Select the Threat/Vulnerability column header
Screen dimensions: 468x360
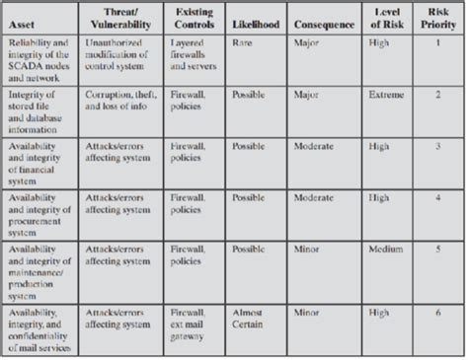pyautogui.click(x=117, y=18)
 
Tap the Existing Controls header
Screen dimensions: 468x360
pyautogui.click(x=194, y=18)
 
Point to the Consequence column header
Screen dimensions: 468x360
pyautogui.click(x=325, y=25)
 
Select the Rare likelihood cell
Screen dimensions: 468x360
pyautogui.click(x=242, y=44)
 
